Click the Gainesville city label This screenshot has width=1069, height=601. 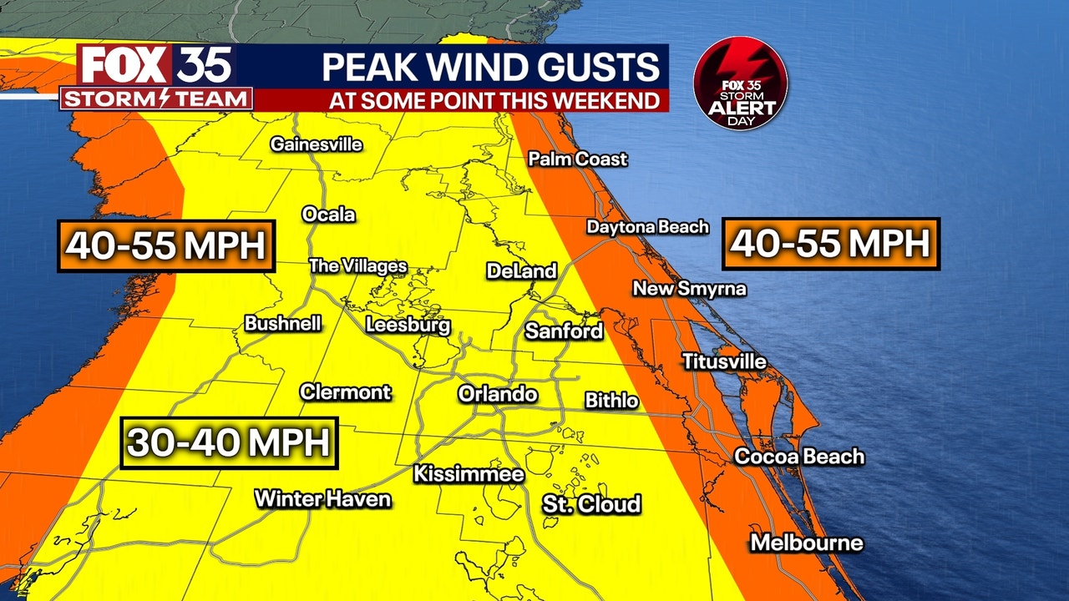pyautogui.click(x=316, y=144)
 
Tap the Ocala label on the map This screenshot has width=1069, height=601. pyautogui.click(x=328, y=215)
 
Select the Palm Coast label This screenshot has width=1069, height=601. pyautogui.click(x=577, y=159)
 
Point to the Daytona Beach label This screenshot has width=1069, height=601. pyautogui.click(x=647, y=226)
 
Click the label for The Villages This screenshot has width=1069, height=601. pyautogui.click(x=357, y=266)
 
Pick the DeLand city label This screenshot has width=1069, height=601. pyautogui.click(x=521, y=270)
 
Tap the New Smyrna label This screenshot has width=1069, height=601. pyautogui.click(x=689, y=289)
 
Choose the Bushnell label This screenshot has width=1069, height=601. pyautogui.click(x=282, y=323)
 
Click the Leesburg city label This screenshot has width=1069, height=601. pyautogui.click(x=408, y=325)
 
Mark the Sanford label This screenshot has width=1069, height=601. pyautogui.click(x=563, y=331)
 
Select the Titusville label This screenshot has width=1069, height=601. pyautogui.click(x=724, y=361)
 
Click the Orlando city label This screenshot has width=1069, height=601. pyautogui.click(x=497, y=393)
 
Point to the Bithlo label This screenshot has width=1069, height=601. pyautogui.click(x=611, y=401)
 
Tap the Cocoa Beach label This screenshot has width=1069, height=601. pyautogui.click(x=798, y=457)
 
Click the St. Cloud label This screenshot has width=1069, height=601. pyautogui.click(x=591, y=503)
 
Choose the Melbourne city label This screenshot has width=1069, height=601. pyautogui.click(x=806, y=543)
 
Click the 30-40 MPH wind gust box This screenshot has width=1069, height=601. pyautogui.click(x=229, y=442)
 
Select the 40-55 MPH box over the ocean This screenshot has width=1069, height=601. pyautogui.click(x=830, y=244)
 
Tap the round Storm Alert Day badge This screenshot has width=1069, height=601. pyautogui.click(x=740, y=83)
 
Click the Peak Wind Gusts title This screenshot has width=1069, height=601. pyautogui.click(x=490, y=67)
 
